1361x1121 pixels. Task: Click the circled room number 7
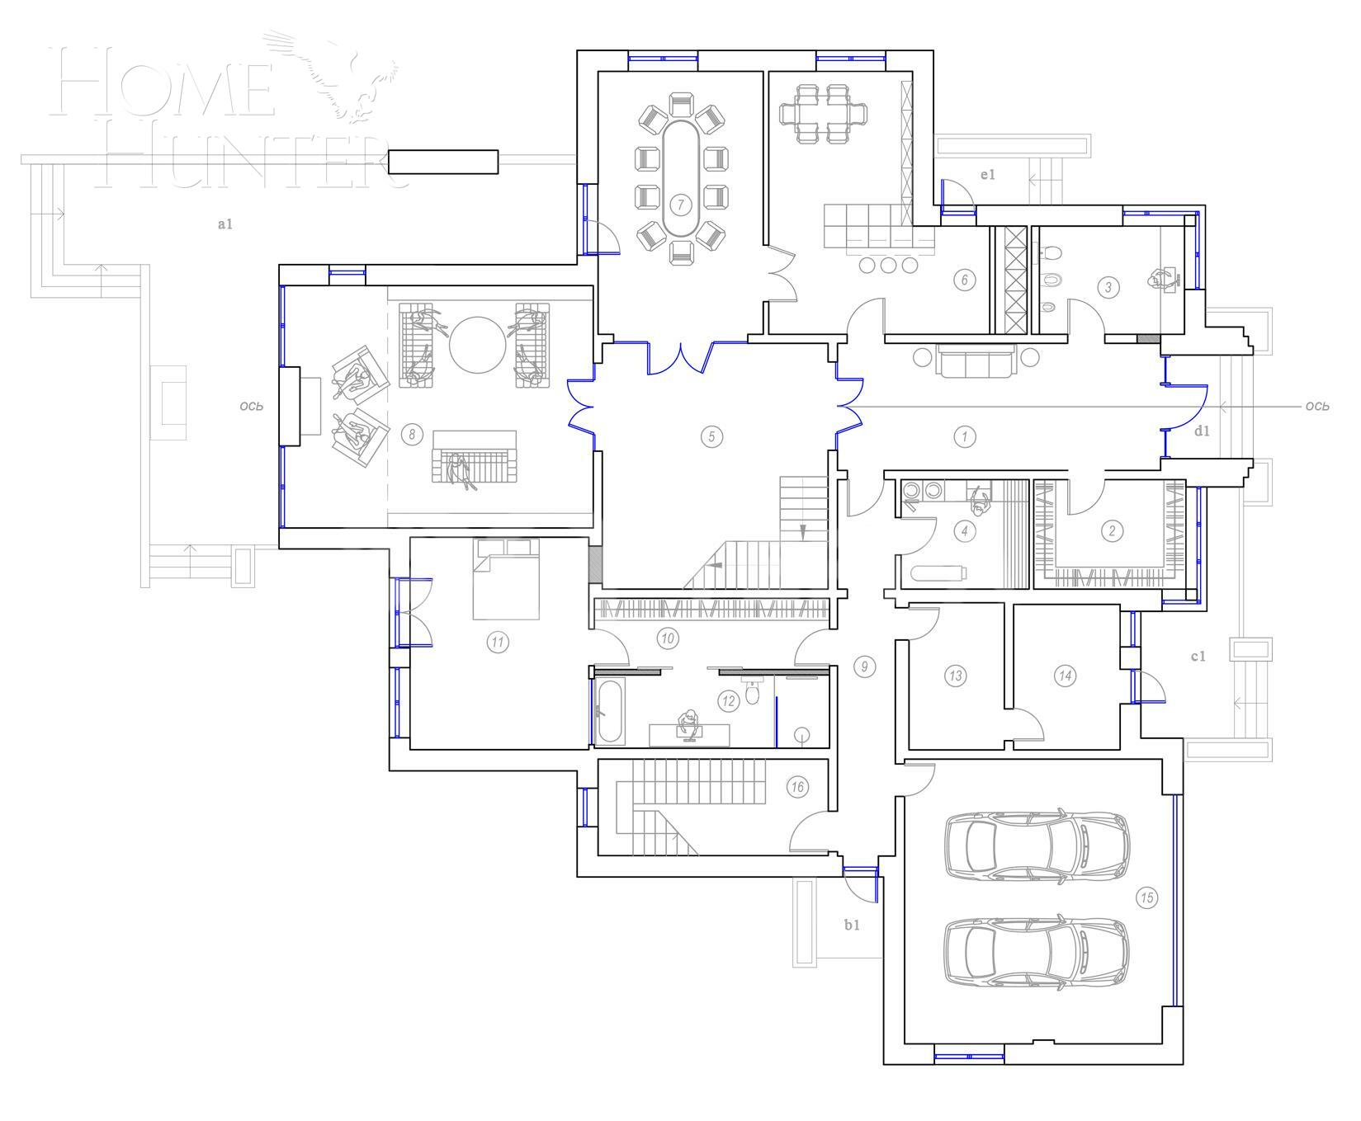click(x=681, y=204)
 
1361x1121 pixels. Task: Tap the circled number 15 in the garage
click(x=1146, y=897)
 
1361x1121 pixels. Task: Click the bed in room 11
click(x=506, y=580)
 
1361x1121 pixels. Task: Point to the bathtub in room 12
click(x=610, y=711)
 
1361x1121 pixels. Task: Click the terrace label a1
click(x=224, y=224)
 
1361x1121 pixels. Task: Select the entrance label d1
click(x=1202, y=431)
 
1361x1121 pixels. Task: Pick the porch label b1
click(x=852, y=925)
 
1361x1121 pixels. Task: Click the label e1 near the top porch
click(x=988, y=174)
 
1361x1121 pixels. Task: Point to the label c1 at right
click(x=1198, y=657)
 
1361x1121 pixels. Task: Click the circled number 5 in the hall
click(x=711, y=436)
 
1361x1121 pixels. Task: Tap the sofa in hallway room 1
click(x=975, y=362)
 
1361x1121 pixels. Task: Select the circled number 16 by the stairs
click(x=796, y=787)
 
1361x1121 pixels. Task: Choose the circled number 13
click(x=956, y=676)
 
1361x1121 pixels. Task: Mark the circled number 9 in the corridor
click(x=864, y=666)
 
